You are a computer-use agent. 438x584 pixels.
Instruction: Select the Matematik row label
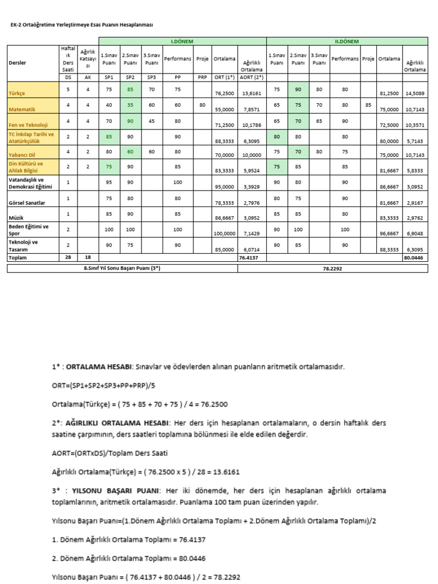point(21,108)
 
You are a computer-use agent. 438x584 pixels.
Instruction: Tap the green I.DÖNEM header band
point(182,41)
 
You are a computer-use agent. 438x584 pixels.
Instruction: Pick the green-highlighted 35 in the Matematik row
point(130,105)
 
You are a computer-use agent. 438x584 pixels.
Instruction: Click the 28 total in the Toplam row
point(68,258)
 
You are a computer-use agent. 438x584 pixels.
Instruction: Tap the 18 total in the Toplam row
point(87,258)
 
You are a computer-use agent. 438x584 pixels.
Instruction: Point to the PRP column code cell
point(202,76)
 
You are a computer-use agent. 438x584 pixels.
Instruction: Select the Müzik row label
point(16,217)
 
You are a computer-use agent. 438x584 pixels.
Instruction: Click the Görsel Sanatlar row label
point(27,202)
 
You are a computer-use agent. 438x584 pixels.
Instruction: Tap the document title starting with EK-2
point(82,25)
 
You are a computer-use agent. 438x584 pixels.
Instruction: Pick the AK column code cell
point(87,76)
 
